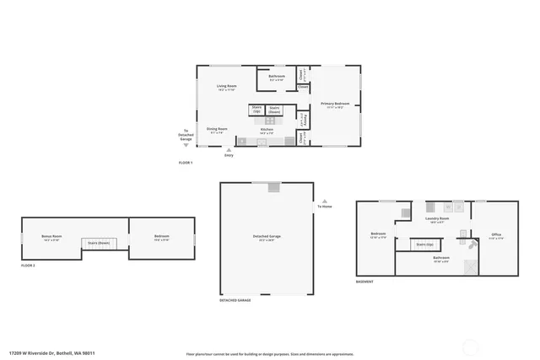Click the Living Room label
225,86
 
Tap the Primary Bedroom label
335,105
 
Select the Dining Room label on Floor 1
217,130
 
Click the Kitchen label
266,130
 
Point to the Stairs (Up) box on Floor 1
256,110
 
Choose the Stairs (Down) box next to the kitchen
274,110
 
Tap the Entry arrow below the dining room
229,150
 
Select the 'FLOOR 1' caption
186,162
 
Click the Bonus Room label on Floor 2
51,237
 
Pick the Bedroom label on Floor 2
161,237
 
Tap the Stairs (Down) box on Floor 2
98,244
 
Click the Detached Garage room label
267,237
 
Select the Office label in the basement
496,235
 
